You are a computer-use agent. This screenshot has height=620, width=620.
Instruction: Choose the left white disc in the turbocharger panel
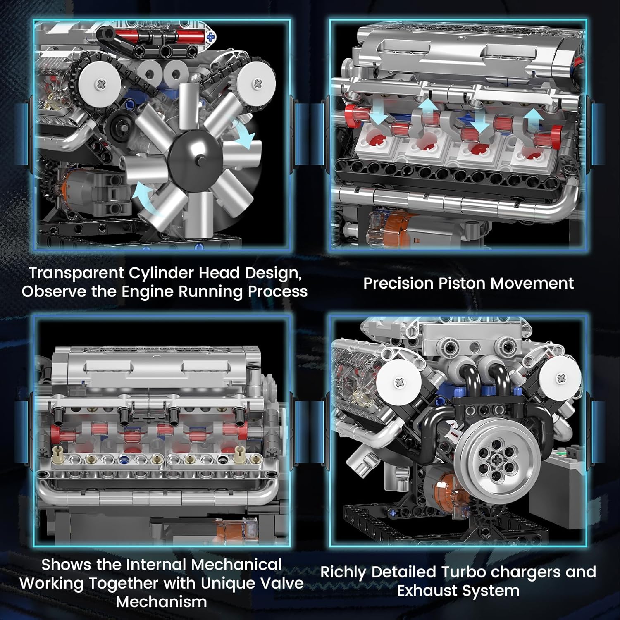(398, 382)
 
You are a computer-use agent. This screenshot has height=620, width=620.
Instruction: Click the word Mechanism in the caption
(161, 602)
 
